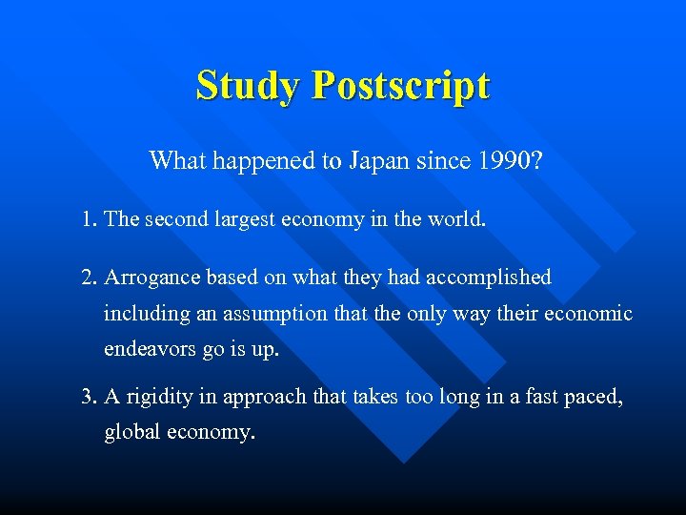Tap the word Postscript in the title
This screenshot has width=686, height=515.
coord(400,86)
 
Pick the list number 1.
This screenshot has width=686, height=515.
coord(90,219)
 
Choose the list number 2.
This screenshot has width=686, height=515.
coord(90,278)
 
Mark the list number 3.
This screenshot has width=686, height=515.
coord(90,397)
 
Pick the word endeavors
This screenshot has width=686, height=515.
coord(150,350)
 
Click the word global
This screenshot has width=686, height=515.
coord(132,432)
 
